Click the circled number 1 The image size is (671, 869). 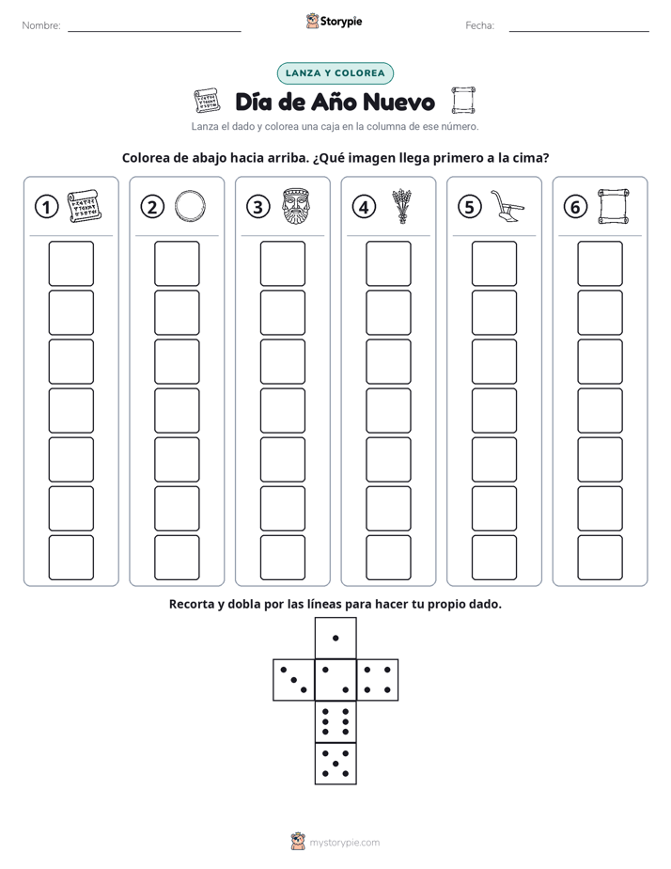pos(46,207)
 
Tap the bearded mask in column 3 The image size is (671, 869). pos(296,206)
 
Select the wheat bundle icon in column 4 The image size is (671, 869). pos(402,206)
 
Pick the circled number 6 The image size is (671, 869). pos(575,207)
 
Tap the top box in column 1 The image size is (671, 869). pos(70,263)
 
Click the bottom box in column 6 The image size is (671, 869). pos(600,558)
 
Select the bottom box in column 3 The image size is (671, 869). pos(282,558)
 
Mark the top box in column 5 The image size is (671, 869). pos(493,263)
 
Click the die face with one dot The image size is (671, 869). pos(335,638)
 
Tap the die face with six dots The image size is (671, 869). pos(335,721)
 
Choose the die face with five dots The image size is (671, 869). pos(335,764)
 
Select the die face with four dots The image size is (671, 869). pos(378,679)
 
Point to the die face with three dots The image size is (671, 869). pos(293,679)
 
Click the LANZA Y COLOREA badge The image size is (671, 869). pos(335,73)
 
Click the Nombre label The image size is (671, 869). pos(41,25)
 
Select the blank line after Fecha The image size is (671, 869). pos(579,31)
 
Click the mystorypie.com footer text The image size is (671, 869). pos(344,843)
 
